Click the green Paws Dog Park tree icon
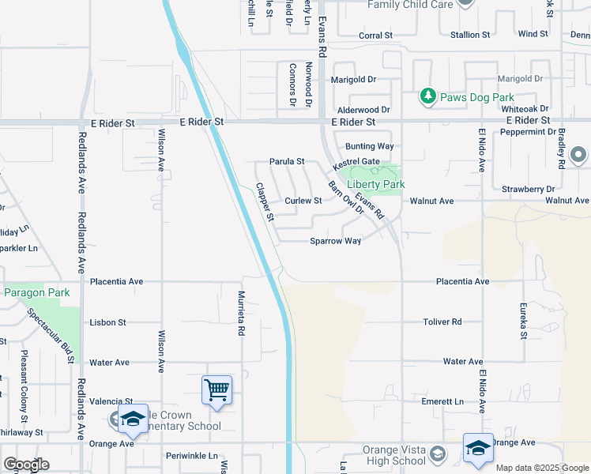pyautogui.click(x=428, y=96)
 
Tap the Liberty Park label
pyautogui.click(x=376, y=184)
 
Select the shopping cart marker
pyautogui.click(x=216, y=389)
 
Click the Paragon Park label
pyautogui.click(x=37, y=292)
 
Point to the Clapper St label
pyautogui.click(x=265, y=202)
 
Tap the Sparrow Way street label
pyautogui.click(x=336, y=240)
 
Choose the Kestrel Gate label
pyautogui.click(x=356, y=162)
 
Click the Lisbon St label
pyautogui.click(x=107, y=322)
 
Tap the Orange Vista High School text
pyautogui.click(x=394, y=456)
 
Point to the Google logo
pyautogui.click(x=26, y=464)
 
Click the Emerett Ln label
pyautogui.click(x=442, y=401)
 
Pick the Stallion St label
pyautogui.click(x=465, y=35)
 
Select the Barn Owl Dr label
pyautogui.click(x=345, y=197)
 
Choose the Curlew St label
pyautogui.click(x=303, y=201)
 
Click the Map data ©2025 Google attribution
pyautogui.click(x=541, y=468)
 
